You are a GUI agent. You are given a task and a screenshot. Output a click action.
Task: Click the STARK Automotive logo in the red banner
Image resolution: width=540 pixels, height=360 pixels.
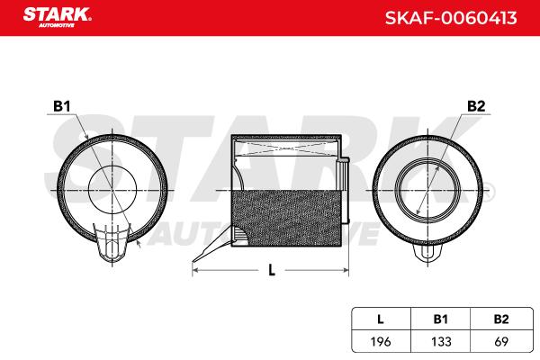click(x=58, y=17)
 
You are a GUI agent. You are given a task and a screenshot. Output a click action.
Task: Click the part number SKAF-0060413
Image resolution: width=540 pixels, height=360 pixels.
click(x=451, y=18)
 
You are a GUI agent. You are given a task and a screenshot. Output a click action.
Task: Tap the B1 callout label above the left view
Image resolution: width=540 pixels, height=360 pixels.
click(x=62, y=106)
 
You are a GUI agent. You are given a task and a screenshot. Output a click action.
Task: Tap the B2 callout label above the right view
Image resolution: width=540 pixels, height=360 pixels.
click(x=476, y=106)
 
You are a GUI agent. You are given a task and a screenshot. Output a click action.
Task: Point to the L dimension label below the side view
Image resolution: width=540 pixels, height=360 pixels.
click(x=272, y=270)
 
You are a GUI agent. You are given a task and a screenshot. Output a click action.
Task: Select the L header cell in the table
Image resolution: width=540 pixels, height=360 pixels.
click(x=381, y=319)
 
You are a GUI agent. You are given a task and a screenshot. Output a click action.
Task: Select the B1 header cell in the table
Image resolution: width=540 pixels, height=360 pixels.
click(x=440, y=319)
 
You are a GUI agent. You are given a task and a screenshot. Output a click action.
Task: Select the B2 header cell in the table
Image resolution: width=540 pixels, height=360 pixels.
click(x=501, y=319)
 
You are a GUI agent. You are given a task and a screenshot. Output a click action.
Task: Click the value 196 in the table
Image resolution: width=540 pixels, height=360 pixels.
click(x=381, y=342)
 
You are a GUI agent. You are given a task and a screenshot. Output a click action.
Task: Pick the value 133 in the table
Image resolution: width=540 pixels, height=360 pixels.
click(x=441, y=342)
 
